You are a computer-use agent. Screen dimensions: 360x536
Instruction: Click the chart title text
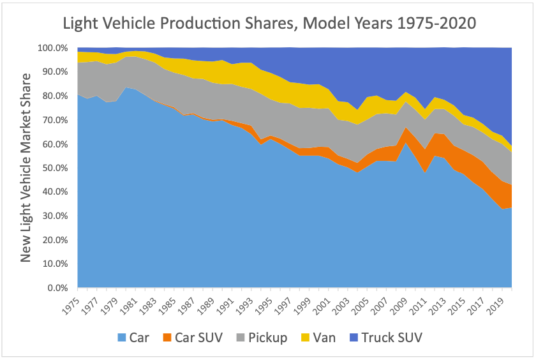[269, 24]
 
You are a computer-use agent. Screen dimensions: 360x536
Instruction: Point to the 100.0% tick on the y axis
[54, 48]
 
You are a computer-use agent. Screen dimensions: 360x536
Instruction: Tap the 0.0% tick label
[59, 288]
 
